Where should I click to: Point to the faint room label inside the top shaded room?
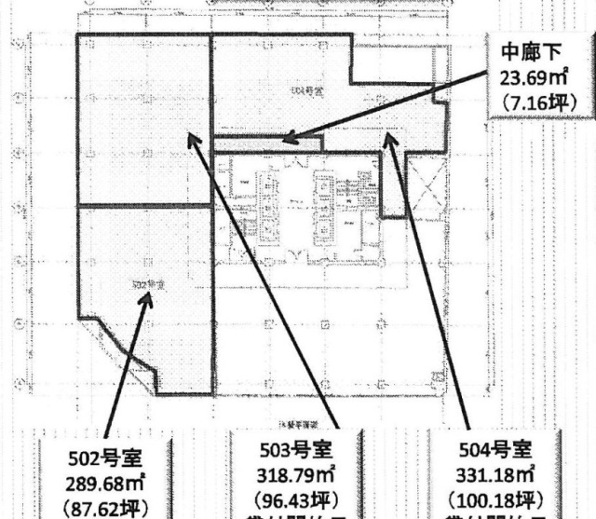click(x=305, y=89)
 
